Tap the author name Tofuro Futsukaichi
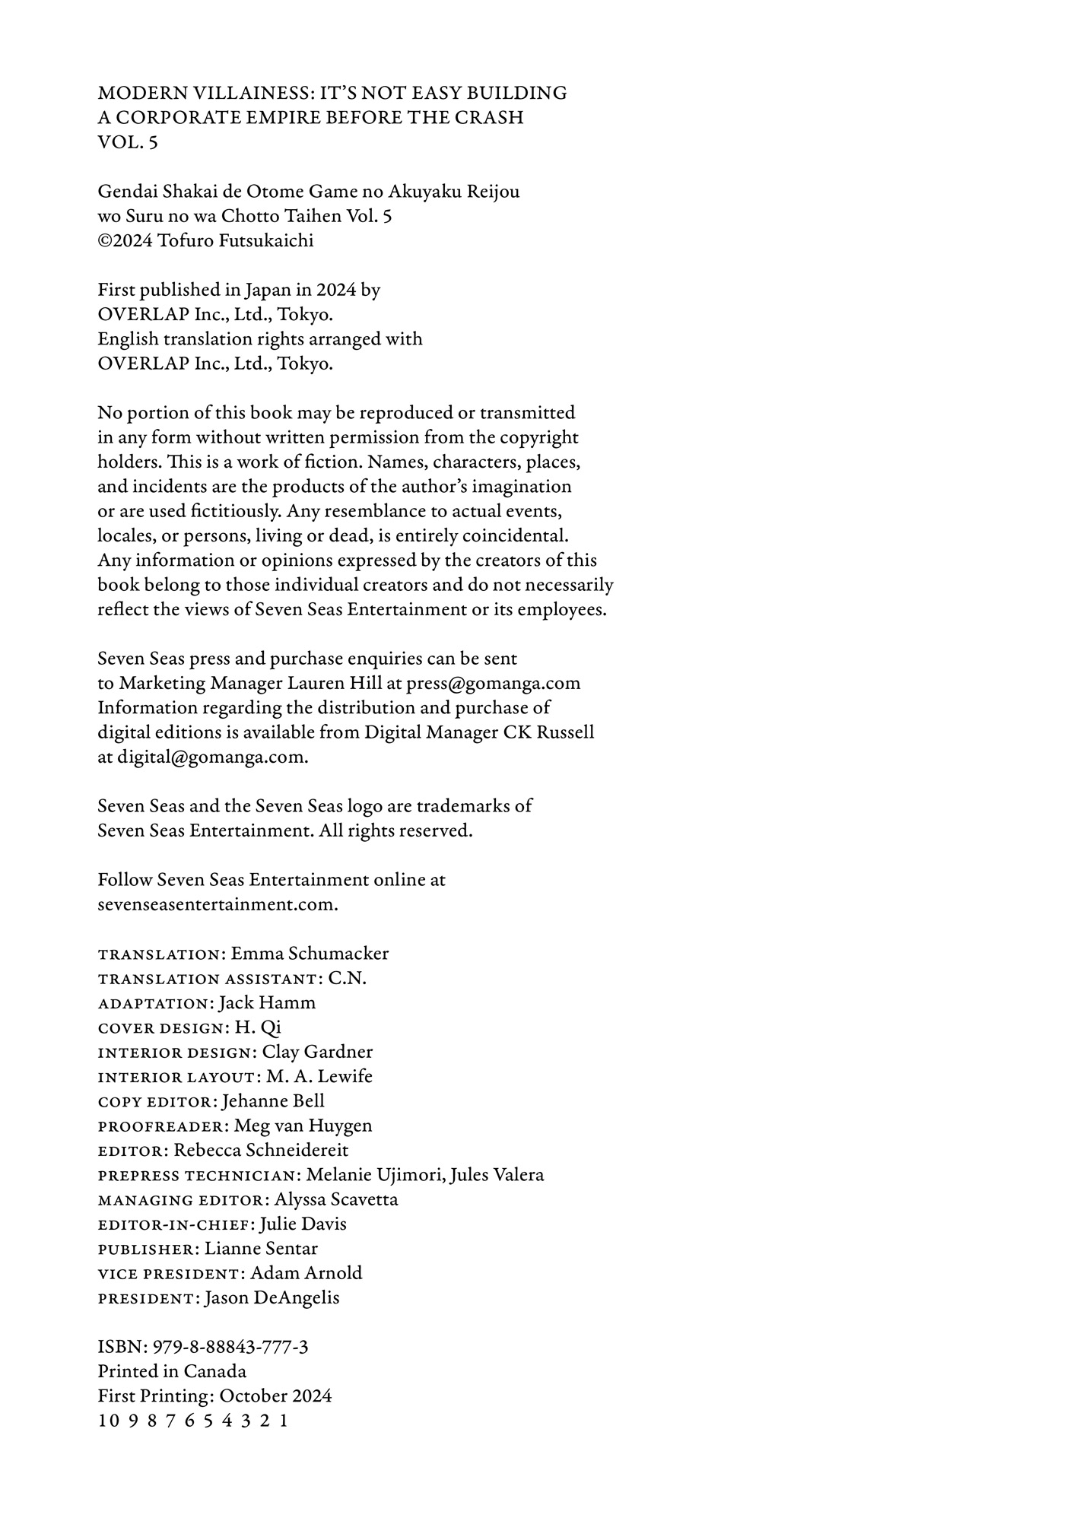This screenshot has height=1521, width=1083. point(235,240)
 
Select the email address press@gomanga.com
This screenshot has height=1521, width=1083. point(493,683)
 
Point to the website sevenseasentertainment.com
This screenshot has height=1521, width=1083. point(218,904)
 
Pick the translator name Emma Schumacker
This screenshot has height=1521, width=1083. point(310,954)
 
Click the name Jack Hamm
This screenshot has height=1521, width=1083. point(267,1003)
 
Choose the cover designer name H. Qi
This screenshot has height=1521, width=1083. point(258,1027)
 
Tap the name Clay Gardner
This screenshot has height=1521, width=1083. point(317,1052)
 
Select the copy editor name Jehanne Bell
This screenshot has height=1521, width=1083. point(273,1101)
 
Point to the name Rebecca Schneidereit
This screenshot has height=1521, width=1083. point(261,1150)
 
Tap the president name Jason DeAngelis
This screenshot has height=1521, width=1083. point(272,1297)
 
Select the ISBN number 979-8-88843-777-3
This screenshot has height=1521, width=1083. point(230,1347)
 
